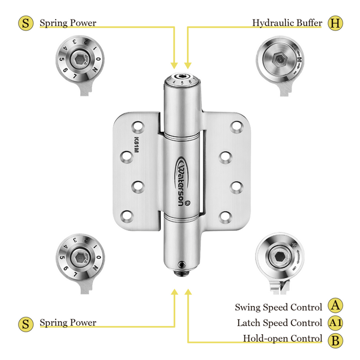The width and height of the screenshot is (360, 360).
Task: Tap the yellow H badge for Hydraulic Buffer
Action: tap(335, 23)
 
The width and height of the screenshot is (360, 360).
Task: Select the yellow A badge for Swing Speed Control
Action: tap(335, 306)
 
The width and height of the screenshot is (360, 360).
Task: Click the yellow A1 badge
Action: tap(335, 323)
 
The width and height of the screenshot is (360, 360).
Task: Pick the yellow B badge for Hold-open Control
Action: tap(335, 339)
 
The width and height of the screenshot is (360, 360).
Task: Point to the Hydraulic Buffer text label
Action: tap(287, 23)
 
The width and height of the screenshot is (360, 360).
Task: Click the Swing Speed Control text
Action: tap(278, 307)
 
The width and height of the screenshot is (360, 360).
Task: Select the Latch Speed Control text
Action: tap(279, 323)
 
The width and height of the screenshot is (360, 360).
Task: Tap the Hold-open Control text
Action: tap(282, 339)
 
